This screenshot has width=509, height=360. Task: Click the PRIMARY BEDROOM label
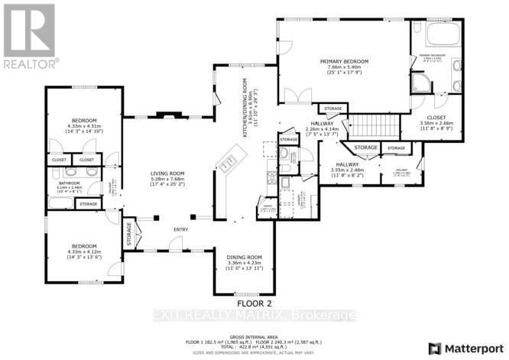(x=344, y=61)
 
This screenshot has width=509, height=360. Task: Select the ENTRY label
(x=180, y=229)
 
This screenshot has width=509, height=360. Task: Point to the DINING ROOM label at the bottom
(x=245, y=257)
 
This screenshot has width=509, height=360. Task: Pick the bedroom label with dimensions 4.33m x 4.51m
(x=84, y=121)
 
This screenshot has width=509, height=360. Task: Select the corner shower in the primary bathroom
(x=421, y=83)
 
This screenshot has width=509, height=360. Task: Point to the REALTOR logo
(x=29, y=34)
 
